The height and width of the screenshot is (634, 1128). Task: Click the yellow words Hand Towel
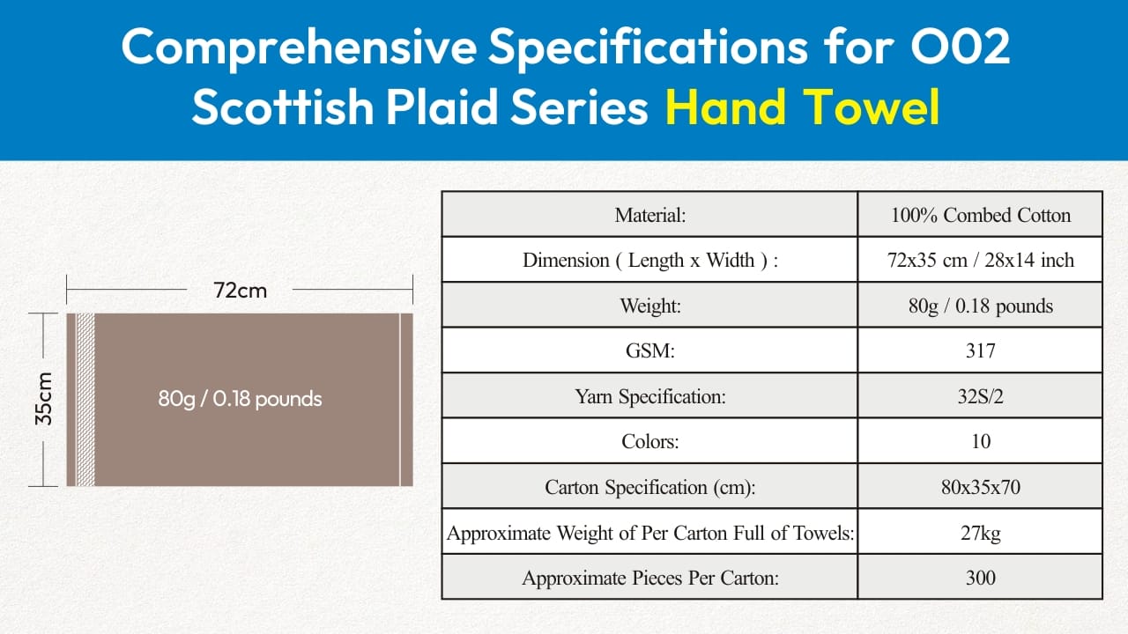pyautogui.click(x=802, y=107)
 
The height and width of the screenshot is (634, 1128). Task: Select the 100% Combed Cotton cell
pyautogui.click(x=981, y=215)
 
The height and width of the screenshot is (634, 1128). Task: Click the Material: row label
pyautogui.click(x=650, y=215)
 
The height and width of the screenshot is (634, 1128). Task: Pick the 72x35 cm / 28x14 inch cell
pyautogui.click(x=981, y=260)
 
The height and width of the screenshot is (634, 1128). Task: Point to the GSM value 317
pyautogui.click(x=981, y=350)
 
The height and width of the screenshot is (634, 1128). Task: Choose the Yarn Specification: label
pyautogui.click(x=650, y=396)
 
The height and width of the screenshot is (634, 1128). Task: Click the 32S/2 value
pyautogui.click(x=981, y=396)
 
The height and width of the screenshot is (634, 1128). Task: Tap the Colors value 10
pyautogui.click(x=981, y=441)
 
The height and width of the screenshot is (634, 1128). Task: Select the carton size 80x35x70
pyautogui.click(x=981, y=487)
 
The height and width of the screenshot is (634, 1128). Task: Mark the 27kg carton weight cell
pyautogui.click(x=981, y=533)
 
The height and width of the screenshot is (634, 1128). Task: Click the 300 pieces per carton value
pyautogui.click(x=981, y=577)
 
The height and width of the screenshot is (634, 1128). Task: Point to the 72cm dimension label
pyautogui.click(x=240, y=291)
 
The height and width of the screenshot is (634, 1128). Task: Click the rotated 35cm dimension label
pyautogui.click(x=44, y=399)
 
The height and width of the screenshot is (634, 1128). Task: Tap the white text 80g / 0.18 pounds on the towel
pyautogui.click(x=240, y=399)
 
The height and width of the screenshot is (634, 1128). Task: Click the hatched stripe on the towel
pyautogui.click(x=85, y=400)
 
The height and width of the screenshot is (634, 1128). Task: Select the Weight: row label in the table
pyautogui.click(x=650, y=306)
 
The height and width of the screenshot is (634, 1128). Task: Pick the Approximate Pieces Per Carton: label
pyautogui.click(x=650, y=578)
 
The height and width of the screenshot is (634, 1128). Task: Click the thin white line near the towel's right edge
pyautogui.click(x=400, y=400)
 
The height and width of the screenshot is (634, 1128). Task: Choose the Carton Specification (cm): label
pyautogui.click(x=650, y=487)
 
